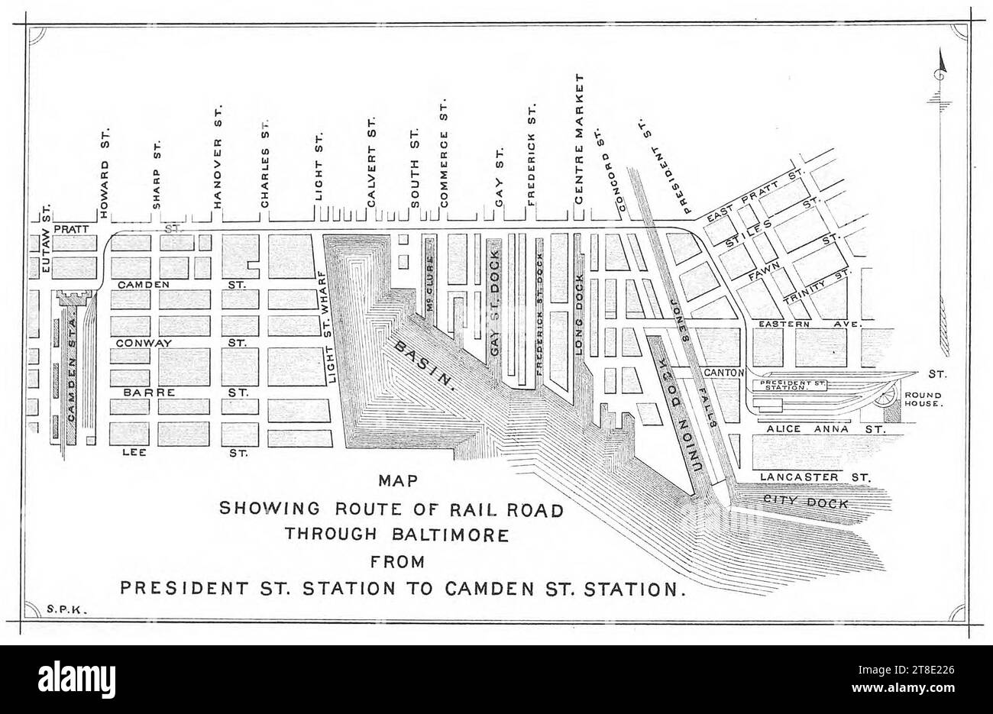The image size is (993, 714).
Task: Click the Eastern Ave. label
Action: pyautogui.click(x=809, y=325)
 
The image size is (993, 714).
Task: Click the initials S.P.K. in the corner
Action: pyautogui.click(x=64, y=609)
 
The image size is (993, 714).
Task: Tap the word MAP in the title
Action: pyautogui.click(x=396, y=482)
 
